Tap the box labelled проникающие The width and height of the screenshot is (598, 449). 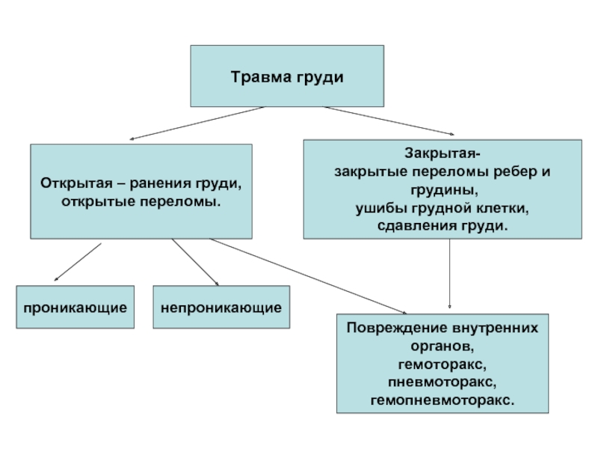[75, 307]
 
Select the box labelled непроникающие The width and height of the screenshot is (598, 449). [221, 307]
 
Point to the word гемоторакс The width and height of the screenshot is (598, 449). [442, 364]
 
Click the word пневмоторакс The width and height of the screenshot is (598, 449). [442, 382]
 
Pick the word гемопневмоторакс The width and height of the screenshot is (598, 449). [443, 400]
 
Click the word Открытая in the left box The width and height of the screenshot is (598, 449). [76, 183]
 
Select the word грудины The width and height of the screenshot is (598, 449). [444, 191]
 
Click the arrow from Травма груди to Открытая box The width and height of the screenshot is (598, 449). [197, 123]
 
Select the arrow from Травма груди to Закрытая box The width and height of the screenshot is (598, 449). [389, 120]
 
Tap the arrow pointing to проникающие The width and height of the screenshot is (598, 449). [78, 263]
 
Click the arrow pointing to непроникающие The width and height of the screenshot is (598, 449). [195, 263]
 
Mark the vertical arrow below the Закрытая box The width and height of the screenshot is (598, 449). [450, 274]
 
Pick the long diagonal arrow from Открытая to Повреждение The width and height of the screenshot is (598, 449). [308, 276]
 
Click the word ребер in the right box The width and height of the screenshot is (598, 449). [513, 172]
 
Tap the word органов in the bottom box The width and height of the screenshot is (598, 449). [443, 346]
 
